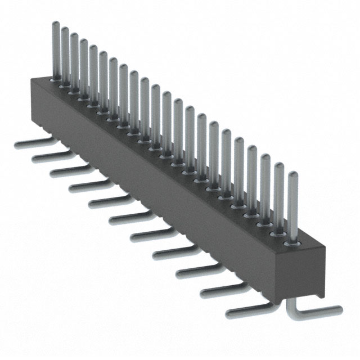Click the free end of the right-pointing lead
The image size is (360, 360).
pos(339,308)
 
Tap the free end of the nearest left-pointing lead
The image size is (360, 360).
pos(228,312)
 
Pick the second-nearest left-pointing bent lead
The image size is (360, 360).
pos(219,290)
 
